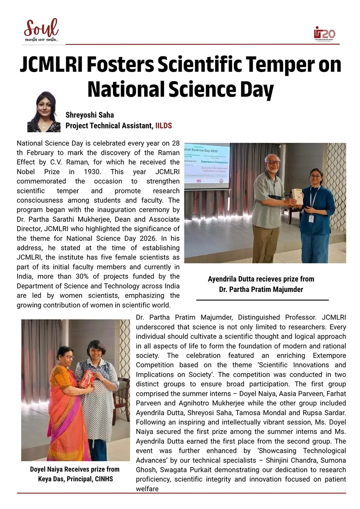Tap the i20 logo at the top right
tap(324, 34)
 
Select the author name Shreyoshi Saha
tap(90, 115)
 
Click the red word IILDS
tap(163, 126)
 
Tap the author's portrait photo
tap(44, 112)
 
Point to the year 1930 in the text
tap(92, 172)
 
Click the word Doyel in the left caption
tap(38, 469)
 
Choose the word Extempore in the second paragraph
tap(329, 356)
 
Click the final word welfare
tap(147, 489)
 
